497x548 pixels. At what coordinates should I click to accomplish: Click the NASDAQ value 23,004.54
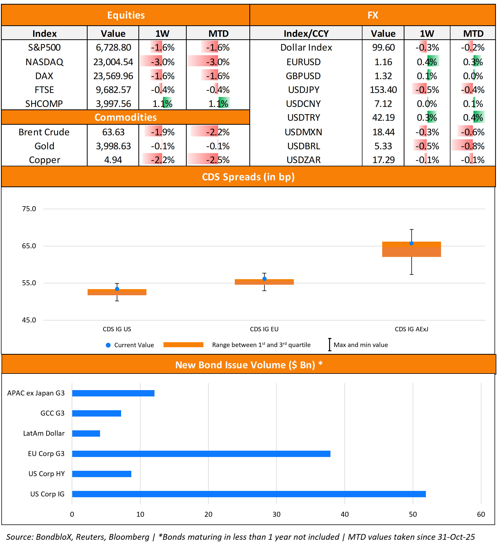(x=113, y=62)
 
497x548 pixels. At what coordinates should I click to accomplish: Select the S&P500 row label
(x=44, y=48)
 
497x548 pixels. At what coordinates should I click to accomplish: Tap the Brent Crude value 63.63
(x=113, y=132)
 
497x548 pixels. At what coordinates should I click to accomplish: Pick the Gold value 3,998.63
(x=113, y=146)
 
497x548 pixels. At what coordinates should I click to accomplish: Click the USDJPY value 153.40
(x=383, y=90)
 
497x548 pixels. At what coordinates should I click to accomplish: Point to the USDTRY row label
(x=303, y=118)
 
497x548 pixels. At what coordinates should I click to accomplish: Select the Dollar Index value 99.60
(x=383, y=48)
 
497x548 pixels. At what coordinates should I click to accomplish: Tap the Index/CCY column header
(x=306, y=34)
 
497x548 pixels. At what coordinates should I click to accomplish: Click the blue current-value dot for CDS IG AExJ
(x=411, y=243)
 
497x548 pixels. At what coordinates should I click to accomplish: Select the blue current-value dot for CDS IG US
(x=117, y=289)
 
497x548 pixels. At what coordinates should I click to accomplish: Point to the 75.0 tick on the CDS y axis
(x=29, y=209)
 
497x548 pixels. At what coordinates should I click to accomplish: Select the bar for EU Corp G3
(x=201, y=454)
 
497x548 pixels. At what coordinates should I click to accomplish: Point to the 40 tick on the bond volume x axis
(x=344, y=514)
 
